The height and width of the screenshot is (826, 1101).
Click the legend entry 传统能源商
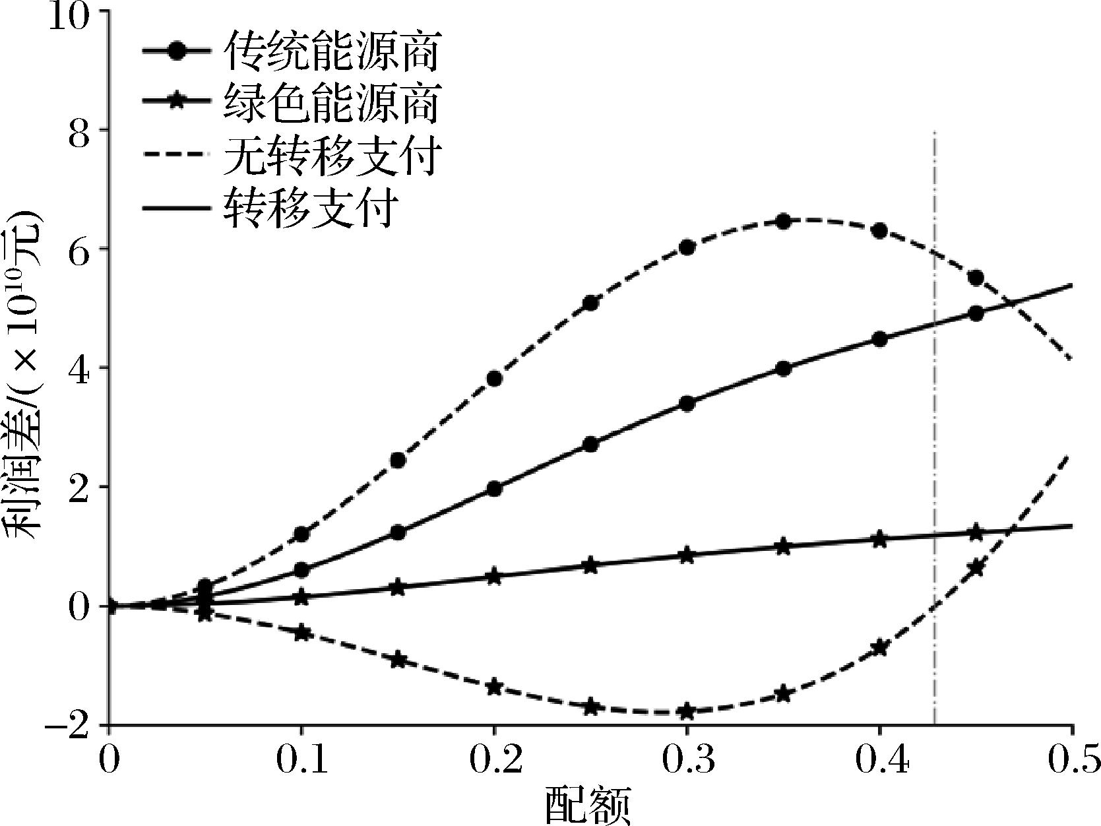[x=331, y=51]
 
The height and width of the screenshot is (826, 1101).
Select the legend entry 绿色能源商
[x=331, y=103]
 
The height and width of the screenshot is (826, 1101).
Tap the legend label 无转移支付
[x=331, y=155]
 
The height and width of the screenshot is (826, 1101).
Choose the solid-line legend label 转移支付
[x=311, y=207]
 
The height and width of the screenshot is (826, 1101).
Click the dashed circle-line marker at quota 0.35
[x=783, y=222]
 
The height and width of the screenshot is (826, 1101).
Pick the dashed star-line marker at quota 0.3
[x=687, y=711]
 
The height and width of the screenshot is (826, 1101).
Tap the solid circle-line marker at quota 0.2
[x=494, y=489]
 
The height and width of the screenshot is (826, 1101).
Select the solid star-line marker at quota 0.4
[x=879, y=539]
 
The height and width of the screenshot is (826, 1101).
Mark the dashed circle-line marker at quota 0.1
[x=301, y=534]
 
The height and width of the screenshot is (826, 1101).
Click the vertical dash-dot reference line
[x=935, y=429]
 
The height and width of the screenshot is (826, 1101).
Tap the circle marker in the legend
[x=177, y=51]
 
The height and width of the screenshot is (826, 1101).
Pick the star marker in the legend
[x=177, y=103]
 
